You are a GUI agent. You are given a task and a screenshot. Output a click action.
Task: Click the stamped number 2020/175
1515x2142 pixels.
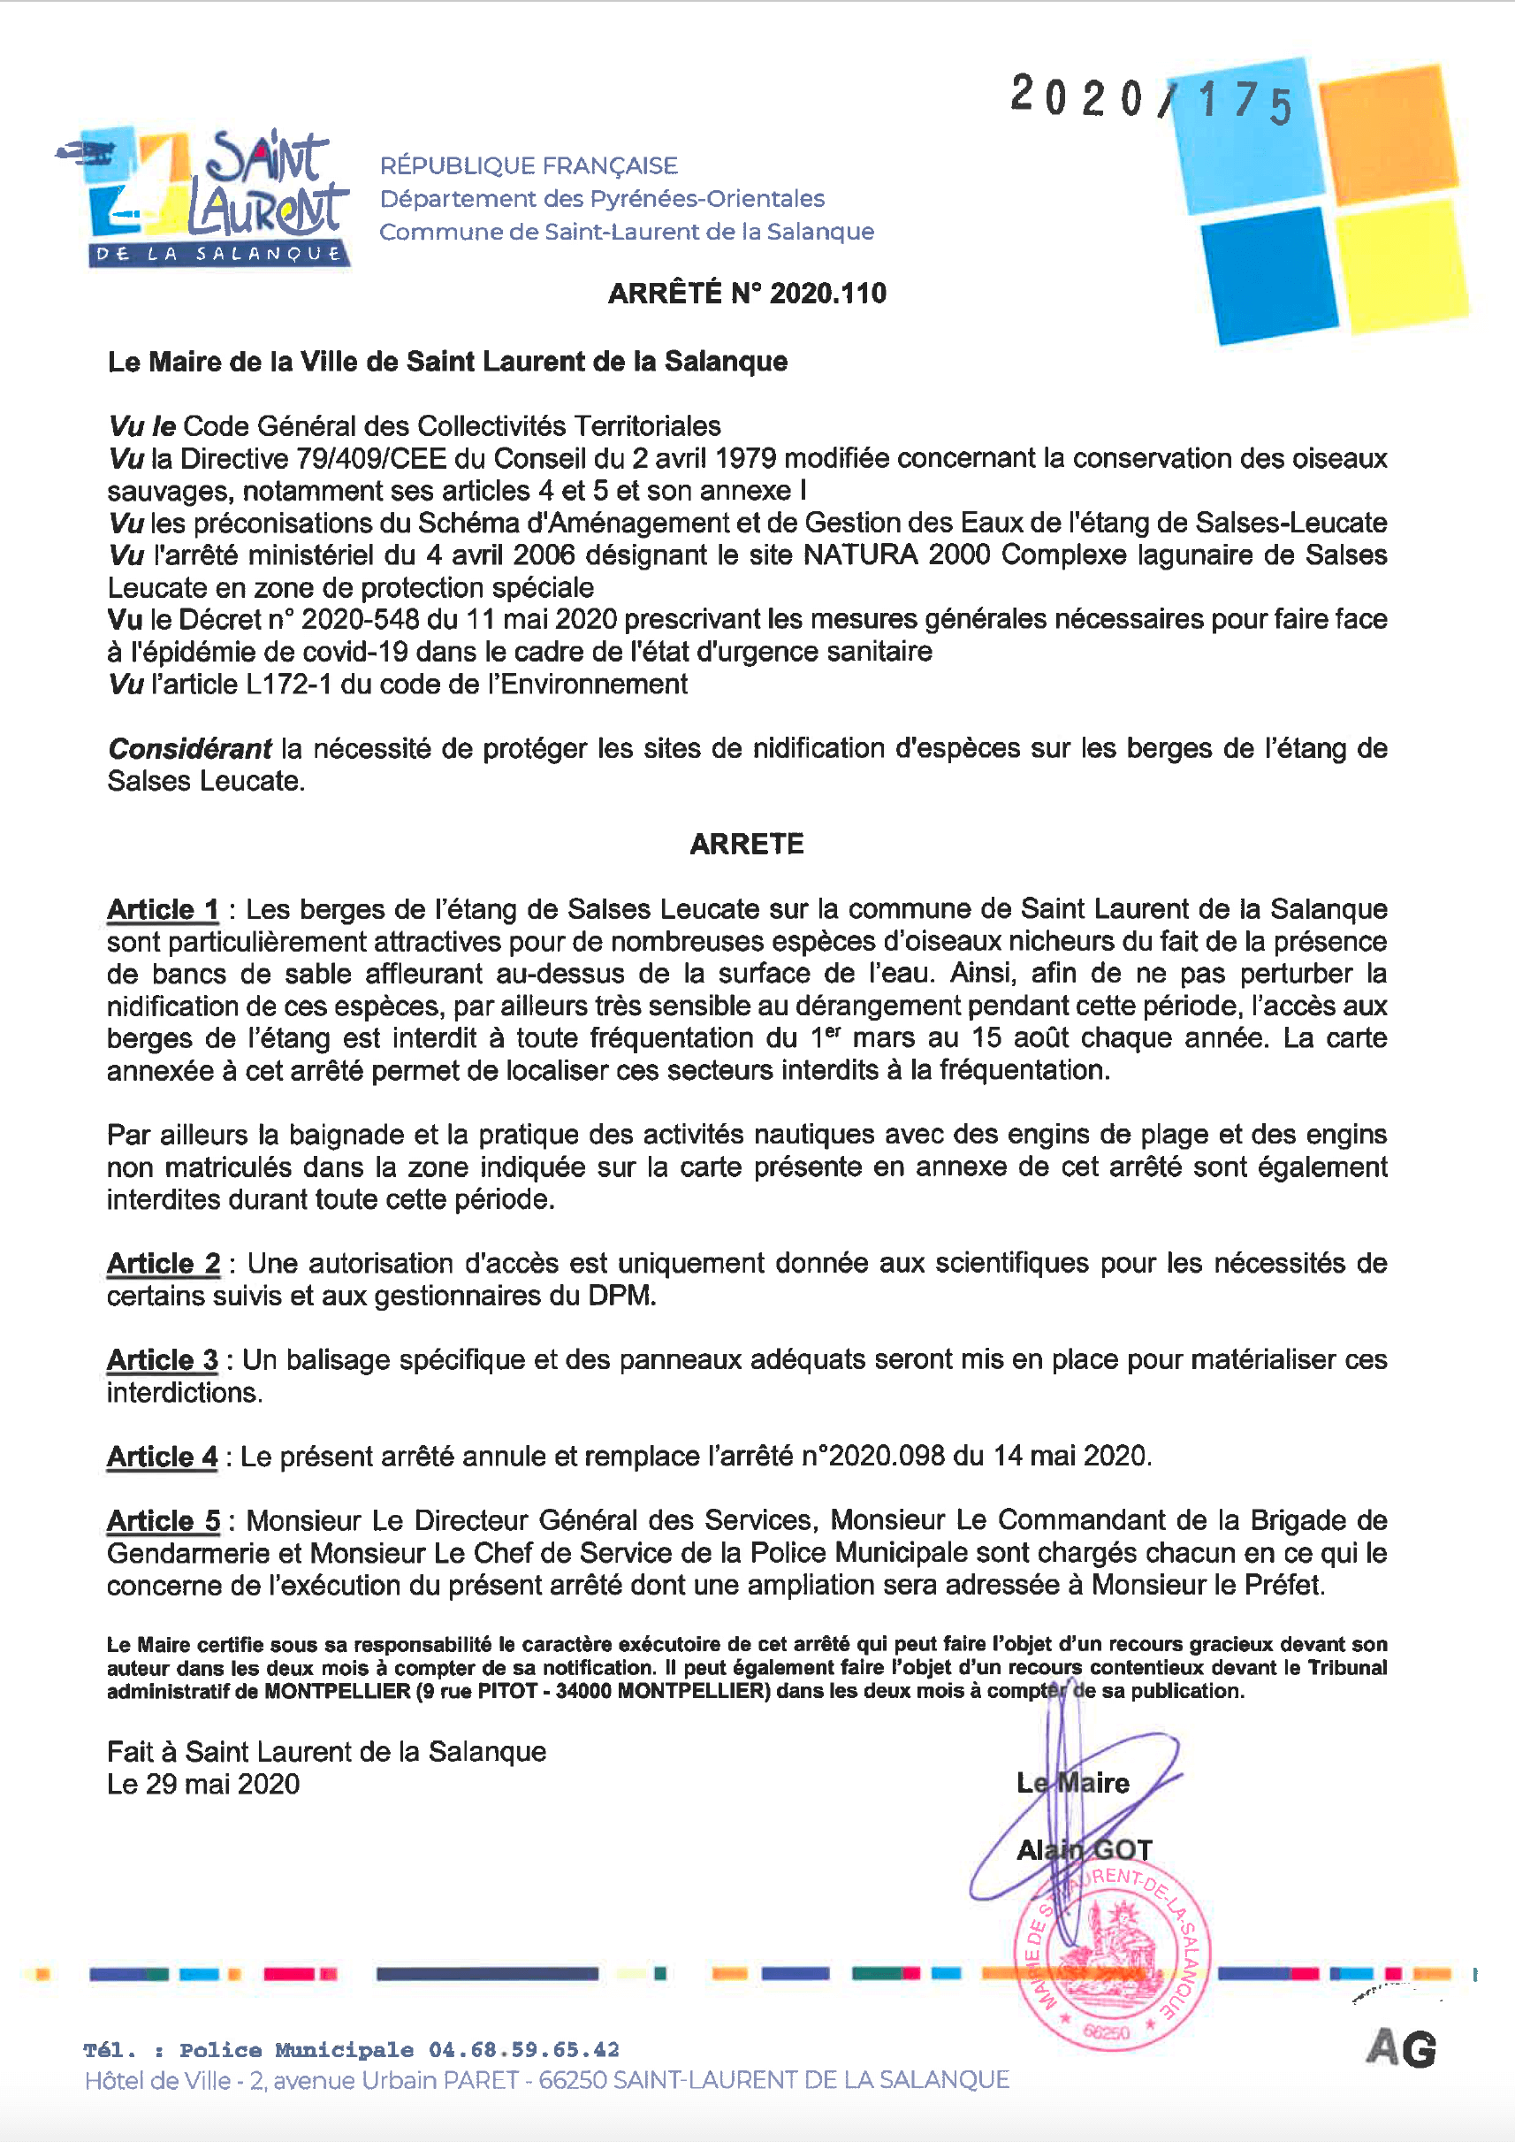pos(1151,98)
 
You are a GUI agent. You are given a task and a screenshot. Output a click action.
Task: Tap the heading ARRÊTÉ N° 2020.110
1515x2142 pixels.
pos(746,293)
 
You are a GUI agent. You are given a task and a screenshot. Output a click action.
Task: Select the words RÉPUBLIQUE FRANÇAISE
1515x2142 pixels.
pos(528,166)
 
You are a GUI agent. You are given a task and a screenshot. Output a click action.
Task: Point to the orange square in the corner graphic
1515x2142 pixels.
pos(1387,134)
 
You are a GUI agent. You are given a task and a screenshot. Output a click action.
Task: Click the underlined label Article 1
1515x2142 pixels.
pos(163,909)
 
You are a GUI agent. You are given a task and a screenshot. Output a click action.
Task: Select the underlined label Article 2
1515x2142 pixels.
pos(164,1263)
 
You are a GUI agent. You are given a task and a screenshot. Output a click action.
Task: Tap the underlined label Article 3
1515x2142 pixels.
pos(163,1360)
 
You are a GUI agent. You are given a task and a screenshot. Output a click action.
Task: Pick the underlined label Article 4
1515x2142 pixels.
pos(163,1456)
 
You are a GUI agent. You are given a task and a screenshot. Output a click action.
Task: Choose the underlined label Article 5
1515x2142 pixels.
pos(164,1520)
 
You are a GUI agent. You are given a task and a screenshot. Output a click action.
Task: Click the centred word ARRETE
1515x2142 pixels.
pos(746,844)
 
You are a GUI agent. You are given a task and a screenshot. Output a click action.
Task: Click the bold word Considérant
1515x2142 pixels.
pos(189,748)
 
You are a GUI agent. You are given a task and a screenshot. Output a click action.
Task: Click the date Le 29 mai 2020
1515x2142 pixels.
pos(203,1784)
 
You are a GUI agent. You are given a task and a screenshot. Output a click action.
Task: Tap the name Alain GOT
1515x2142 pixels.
pos(1084,1850)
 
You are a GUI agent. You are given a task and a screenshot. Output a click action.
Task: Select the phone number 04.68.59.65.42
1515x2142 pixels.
pos(523,2050)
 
